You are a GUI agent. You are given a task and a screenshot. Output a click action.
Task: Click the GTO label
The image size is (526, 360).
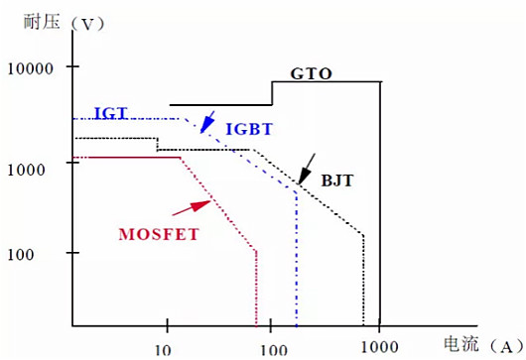[x=311, y=73]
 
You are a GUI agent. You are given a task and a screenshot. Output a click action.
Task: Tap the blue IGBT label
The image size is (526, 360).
[x=249, y=130]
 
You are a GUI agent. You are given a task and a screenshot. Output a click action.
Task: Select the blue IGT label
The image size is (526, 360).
[x=110, y=113]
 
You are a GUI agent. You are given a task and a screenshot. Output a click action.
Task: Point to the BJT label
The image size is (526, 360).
[x=337, y=181]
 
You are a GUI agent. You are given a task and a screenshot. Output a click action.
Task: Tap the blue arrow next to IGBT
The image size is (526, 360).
[x=207, y=121]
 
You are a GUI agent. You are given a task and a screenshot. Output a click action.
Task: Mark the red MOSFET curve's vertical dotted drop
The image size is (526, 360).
[x=257, y=288]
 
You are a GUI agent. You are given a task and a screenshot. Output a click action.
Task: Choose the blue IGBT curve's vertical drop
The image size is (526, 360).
[x=297, y=258]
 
